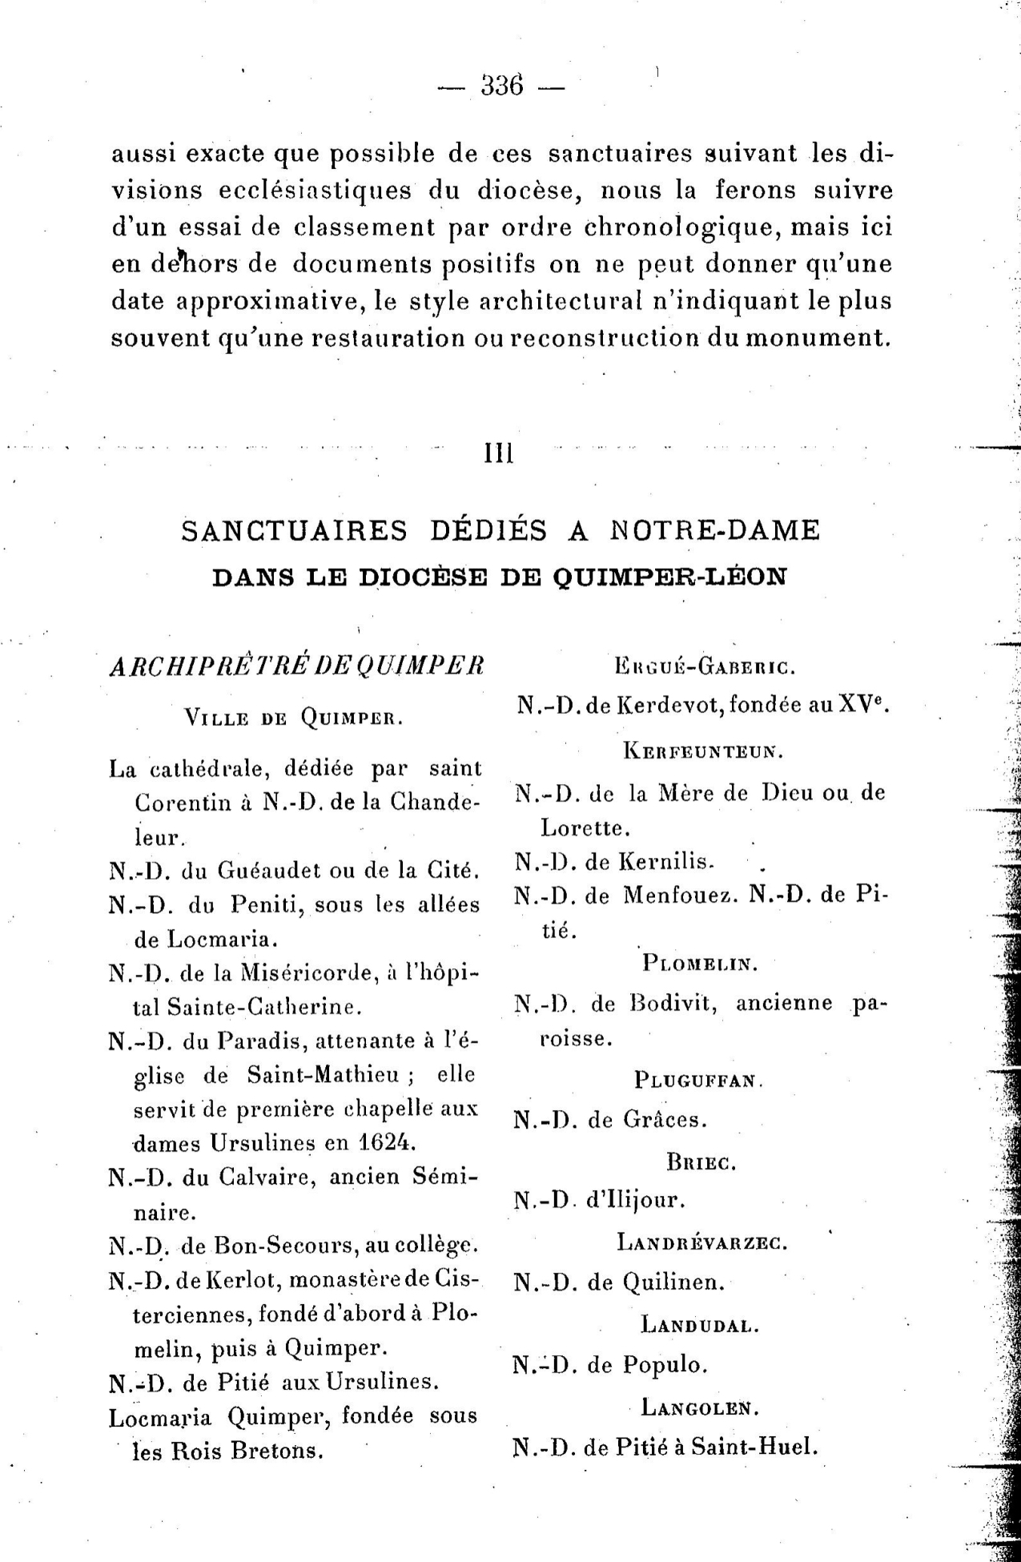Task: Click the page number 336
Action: pyautogui.click(x=502, y=85)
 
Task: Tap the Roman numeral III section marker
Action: pyautogui.click(x=499, y=454)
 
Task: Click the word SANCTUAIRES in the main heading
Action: pyautogui.click(x=295, y=530)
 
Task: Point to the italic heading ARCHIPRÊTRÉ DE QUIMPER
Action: pyautogui.click(x=296, y=666)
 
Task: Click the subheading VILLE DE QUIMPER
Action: pyautogui.click(x=293, y=718)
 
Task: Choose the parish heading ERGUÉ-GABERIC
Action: pyautogui.click(x=704, y=666)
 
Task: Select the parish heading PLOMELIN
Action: pyautogui.click(x=700, y=963)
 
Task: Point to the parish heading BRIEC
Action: pyautogui.click(x=701, y=1162)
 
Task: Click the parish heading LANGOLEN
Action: pyautogui.click(x=700, y=1407)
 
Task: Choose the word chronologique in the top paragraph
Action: pyautogui.click(x=682, y=227)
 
